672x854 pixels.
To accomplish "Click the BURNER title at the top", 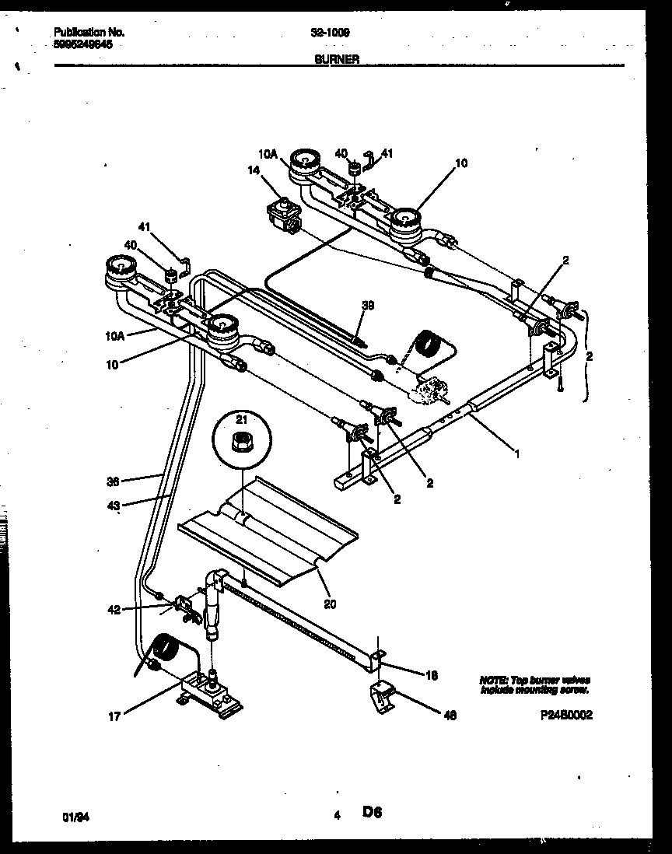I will click(x=337, y=59).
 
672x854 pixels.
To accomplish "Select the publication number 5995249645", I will click(x=84, y=44).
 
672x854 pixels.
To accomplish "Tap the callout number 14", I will click(x=254, y=170).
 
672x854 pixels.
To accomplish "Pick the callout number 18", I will click(x=432, y=676).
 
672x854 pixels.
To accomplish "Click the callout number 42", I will click(x=114, y=611).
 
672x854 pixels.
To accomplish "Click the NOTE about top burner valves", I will click(x=534, y=684).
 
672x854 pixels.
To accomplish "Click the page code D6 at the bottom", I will click(x=372, y=814).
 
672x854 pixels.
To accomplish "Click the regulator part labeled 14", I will click(x=282, y=215).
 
